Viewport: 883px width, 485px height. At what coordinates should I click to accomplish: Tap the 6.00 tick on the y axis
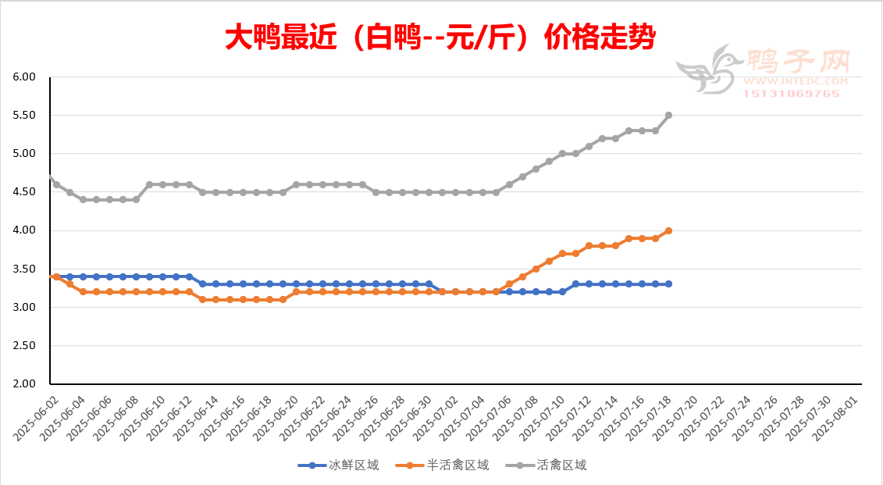25,77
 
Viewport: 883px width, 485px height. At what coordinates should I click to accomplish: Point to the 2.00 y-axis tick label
25,384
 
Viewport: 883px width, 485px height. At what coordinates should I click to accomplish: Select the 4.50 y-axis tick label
25,192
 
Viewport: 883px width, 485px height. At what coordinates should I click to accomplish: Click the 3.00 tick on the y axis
25,308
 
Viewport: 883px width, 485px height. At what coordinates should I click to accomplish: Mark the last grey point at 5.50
669,116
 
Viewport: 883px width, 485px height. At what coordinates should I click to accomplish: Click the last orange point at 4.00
669,230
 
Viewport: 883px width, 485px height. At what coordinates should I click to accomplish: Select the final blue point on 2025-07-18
669,284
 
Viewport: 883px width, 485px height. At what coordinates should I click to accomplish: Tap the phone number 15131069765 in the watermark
791,94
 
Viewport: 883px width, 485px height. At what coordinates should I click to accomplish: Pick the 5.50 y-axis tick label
25,116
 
